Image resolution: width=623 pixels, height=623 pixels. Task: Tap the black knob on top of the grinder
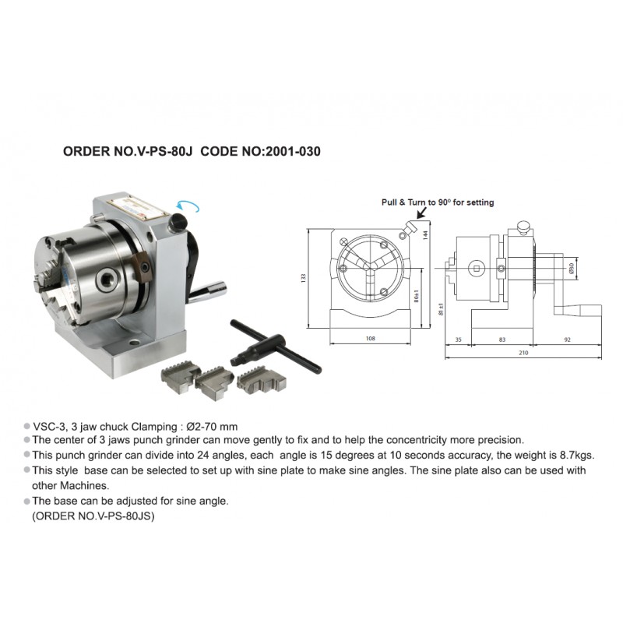[178, 222]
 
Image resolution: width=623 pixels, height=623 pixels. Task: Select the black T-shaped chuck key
[276, 346]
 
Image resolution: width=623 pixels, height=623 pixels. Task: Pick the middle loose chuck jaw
[214, 383]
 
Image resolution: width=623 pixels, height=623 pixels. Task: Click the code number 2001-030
[293, 151]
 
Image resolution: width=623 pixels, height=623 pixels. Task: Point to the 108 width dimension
[371, 339]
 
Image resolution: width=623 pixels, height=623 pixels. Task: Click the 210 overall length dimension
[523, 353]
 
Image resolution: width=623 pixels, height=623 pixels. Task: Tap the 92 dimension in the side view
[568, 340]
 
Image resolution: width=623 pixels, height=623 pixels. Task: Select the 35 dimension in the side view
[459, 340]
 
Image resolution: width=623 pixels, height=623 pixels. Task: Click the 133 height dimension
[304, 278]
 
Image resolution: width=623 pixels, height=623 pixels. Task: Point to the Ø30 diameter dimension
[572, 268]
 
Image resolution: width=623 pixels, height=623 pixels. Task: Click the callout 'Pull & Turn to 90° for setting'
[438, 202]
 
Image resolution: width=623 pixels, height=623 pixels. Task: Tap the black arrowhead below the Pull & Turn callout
[421, 213]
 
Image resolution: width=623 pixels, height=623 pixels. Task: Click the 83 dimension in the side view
[502, 340]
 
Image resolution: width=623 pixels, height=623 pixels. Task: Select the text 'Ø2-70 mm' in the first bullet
[212, 427]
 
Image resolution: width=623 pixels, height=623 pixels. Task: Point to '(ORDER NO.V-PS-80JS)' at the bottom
[93, 516]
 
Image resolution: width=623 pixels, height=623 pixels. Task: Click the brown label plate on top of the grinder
[137, 209]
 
